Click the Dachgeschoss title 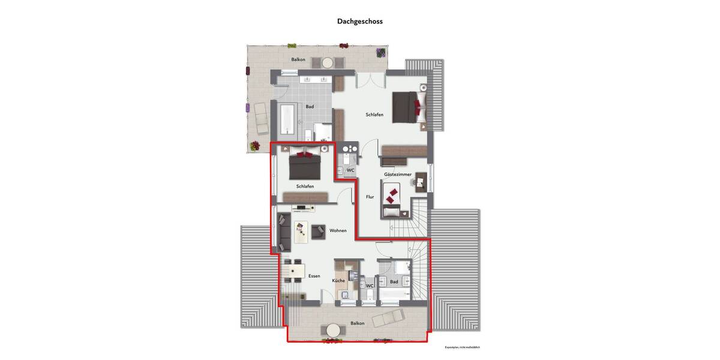(x=359, y=21)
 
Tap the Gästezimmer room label (x=398, y=175)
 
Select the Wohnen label (x=338, y=230)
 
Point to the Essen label (x=314, y=276)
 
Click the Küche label (x=338, y=281)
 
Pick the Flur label (x=370, y=196)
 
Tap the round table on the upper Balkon (x=328, y=62)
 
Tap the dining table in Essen (x=296, y=273)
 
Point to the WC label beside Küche (x=370, y=286)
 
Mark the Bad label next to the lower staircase (x=394, y=281)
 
